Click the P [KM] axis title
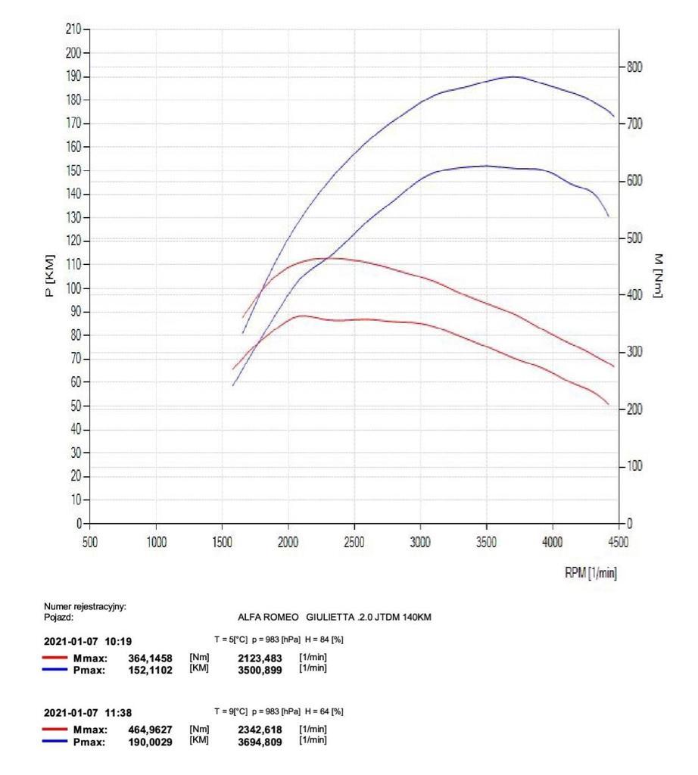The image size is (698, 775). tap(50, 275)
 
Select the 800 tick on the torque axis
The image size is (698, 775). tap(634, 67)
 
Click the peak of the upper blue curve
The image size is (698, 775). tap(514, 76)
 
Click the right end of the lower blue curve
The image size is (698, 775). tap(608, 216)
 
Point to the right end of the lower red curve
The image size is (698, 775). tap(608, 404)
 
